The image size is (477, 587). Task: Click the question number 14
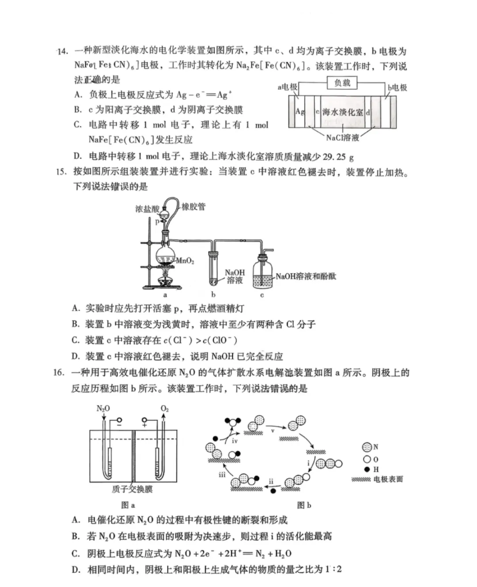coord(62,51)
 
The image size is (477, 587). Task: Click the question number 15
coord(61,171)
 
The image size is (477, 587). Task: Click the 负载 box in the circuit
coord(342,83)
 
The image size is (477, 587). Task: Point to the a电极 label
coord(287,87)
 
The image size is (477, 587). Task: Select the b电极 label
coord(397,88)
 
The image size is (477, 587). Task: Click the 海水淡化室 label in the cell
coord(342,112)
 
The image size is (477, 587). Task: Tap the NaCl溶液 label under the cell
coord(342,137)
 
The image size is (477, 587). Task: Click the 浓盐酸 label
coord(147,209)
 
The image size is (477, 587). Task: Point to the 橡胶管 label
coord(193,206)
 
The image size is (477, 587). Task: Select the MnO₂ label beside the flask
coord(185,261)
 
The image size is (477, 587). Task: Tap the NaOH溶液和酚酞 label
coord(306,276)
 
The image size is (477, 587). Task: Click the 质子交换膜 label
coord(132,489)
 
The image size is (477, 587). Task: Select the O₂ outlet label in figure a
coord(164,408)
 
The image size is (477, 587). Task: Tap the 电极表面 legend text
coord(388,479)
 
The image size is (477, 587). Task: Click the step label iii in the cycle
coord(222,474)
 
